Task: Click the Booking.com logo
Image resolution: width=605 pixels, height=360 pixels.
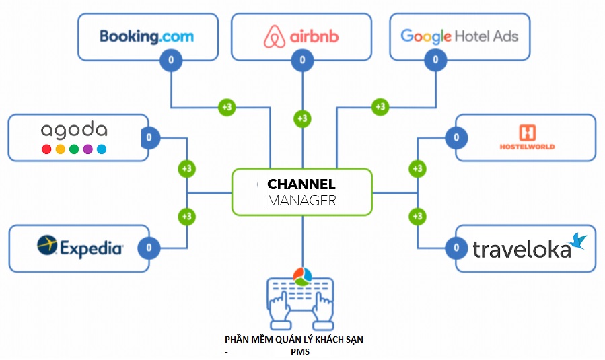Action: pos(146,36)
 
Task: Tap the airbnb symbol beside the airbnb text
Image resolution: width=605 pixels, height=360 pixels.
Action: pos(274,36)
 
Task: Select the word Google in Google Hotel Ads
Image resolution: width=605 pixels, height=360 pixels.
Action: pos(425,36)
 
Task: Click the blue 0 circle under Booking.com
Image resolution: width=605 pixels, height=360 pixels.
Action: pos(171,61)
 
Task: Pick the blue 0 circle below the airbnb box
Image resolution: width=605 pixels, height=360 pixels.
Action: pos(302,61)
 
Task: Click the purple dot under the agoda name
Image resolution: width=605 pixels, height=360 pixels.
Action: pos(87,149)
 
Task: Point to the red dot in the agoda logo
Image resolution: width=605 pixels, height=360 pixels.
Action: pos(46,149)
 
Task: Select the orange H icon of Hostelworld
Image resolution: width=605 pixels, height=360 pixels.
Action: pos(527,133)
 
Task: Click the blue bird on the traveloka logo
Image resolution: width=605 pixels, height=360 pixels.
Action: pos(578,241)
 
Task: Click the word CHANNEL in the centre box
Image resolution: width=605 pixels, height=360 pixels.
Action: pos(301,184)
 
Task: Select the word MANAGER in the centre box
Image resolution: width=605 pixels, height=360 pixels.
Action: pos(301,201)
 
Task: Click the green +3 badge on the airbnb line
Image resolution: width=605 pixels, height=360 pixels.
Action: pos(302,118)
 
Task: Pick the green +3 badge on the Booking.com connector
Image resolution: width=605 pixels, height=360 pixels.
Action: pos(227,107)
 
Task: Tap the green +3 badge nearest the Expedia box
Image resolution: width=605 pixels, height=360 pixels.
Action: pos(186,217)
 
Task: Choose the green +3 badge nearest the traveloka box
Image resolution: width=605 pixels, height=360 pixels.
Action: pos(417,217)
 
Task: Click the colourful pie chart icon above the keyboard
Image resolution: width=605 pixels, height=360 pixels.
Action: pos(302,276)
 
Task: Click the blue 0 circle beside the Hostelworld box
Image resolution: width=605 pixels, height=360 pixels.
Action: pos(457,138)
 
